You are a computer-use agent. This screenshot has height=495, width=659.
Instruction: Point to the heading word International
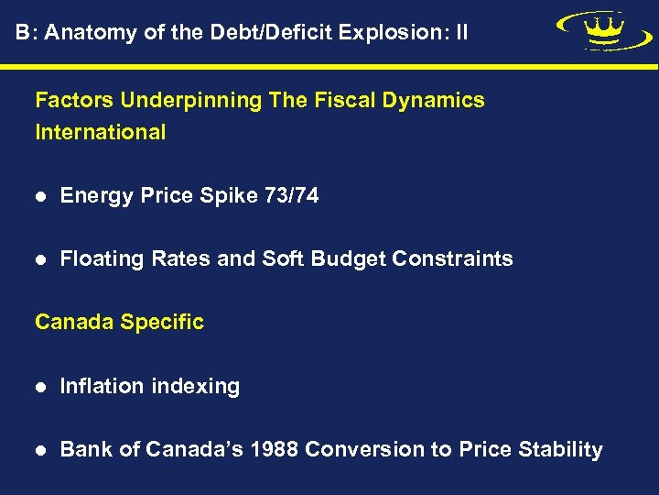click(101, 132)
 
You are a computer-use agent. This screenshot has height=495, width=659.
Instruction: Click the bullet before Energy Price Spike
click(40, 196)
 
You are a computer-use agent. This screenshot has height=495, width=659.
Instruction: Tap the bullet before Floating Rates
click(40, 260)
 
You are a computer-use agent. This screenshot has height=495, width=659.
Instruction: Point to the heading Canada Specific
click(119, 323)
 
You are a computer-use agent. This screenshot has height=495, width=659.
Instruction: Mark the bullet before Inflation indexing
click(40, 388)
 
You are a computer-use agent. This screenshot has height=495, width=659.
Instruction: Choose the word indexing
click(198, 387)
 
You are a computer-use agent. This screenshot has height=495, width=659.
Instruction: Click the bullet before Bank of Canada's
click(40, 451)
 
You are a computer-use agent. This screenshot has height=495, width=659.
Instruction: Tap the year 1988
click(275, 450)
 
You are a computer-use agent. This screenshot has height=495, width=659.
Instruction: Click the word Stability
click(560, 450)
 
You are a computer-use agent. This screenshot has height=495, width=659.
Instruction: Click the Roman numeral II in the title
click(460, 33)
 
